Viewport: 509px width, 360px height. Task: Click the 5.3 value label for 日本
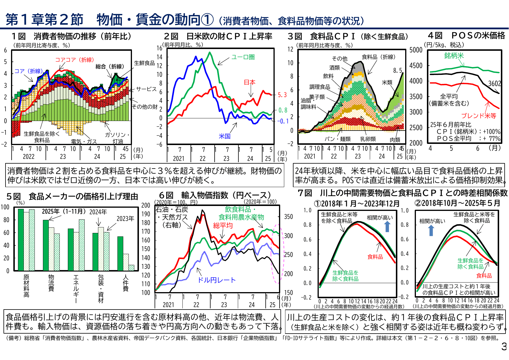[x=282, y=95]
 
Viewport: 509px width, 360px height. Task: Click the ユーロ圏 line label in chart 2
[x=243, y=57]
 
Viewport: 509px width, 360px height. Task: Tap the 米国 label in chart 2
[x=224, y=136]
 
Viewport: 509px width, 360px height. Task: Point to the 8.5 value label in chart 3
[x=398, y=70]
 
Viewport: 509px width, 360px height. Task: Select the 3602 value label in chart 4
[x=494, y=84]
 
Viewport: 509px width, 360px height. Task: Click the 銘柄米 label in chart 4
[x=454, y=56]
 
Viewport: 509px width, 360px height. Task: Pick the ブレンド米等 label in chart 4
[x=479, y=116]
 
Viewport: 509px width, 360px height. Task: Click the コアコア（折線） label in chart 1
[x=75, y=60]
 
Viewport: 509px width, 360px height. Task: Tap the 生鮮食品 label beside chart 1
[x=144, y=63]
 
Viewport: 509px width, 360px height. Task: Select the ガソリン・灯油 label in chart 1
[x=117, y=138]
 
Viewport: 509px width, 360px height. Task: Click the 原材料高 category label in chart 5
[x=26, y=286]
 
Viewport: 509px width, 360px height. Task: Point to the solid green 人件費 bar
[x=120, y=254]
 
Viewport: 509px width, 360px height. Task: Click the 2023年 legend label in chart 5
[x=125, y=219]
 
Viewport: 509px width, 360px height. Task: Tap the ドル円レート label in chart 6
[x=216, y=280]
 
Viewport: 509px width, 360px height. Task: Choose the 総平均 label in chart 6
[x=223, y=225]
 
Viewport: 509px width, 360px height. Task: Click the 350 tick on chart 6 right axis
[x=288, y=217]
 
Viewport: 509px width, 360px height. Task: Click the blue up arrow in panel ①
[x=387, y=226]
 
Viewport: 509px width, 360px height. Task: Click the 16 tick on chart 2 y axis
[x=159, y=48]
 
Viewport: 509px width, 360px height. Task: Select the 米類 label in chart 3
[x=387, y=83]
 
